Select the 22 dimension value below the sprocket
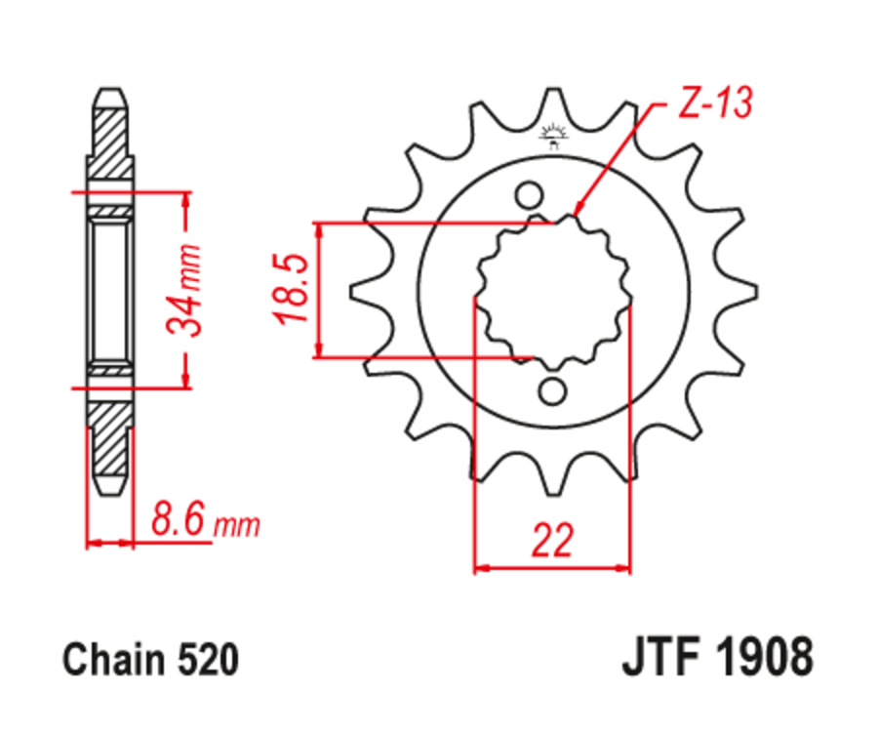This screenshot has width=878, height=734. click(553, 541)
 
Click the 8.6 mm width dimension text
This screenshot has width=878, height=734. click(205, 523)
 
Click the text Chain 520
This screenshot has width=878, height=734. click(150, 661)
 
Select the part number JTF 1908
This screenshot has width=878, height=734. click(716, 659)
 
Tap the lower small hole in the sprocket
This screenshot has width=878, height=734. click(553, 391)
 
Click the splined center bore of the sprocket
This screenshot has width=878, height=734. click(552, 291)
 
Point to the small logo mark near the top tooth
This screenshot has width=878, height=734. click(553, 138)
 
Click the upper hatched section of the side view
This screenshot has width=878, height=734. click(110, 142)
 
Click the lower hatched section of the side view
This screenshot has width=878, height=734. click(110, 434)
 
